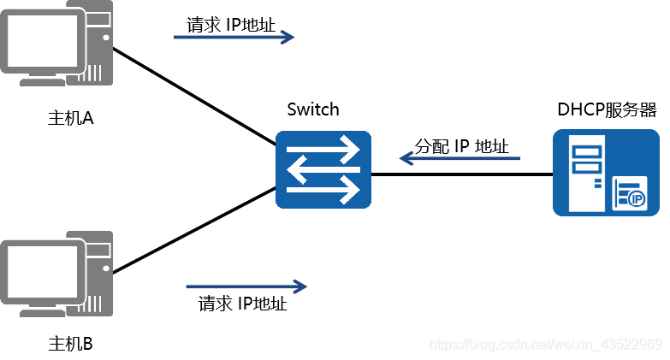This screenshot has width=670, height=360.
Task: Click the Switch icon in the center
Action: click(x=323, y=169)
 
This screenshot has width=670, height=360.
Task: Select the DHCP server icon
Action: click(x=606, y=172)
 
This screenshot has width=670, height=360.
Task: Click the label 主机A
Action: click(x=70, y=118)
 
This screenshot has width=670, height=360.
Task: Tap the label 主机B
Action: click(x=70, y=344)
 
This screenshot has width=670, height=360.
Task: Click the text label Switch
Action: click(x=313, y=109)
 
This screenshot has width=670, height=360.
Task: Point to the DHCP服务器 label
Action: click(x=607, y=109)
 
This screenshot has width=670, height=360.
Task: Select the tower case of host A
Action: click(x=95, y=43)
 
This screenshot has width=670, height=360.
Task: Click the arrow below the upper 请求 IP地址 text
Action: click(x=234, y=37)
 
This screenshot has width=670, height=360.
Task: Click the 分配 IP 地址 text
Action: click(x=461, y=146)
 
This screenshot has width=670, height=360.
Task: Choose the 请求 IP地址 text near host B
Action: click(x=243, y=303)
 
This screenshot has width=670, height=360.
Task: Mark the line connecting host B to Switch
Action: click(x=193, y=233)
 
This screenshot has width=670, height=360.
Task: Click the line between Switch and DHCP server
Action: click(x=462, y=174)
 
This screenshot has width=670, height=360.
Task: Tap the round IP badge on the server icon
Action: click(x=636, y=199)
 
